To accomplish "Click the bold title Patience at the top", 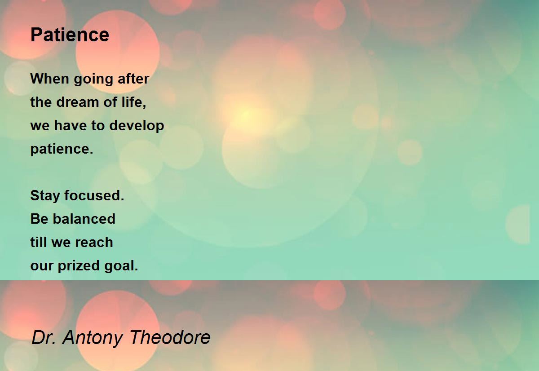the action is click(x=70, y=35).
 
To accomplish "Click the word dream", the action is click(x=77, y=102).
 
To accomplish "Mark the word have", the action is click(x=70, y=125).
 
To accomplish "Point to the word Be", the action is click(x=39, y=219).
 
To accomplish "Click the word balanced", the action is click(x=84, y=219).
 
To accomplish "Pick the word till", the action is click(x=39, y=242).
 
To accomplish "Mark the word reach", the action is click(x=94, y=242).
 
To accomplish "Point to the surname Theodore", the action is click(x=170, y=337).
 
